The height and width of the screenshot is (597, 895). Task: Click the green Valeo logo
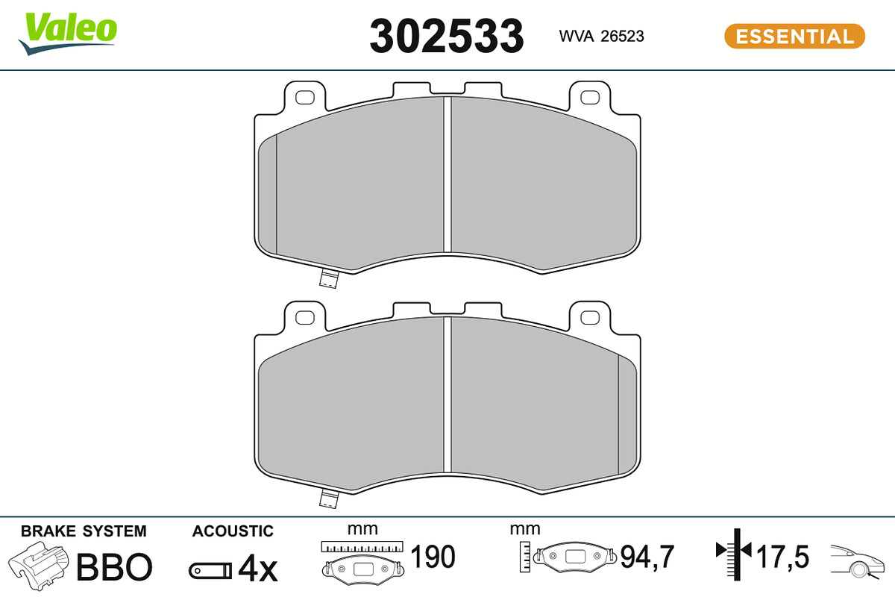point(68,33)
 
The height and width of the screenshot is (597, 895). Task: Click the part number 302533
point(447,37)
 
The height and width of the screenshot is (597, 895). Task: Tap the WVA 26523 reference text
point(601,37)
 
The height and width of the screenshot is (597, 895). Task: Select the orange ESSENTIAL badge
point(795,37)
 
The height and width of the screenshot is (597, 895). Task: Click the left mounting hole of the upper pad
point(305,97)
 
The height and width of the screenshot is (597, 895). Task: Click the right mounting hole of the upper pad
point(590,97)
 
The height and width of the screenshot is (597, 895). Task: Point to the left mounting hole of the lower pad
point(305,317)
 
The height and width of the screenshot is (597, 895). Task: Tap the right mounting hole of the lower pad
point(590,317)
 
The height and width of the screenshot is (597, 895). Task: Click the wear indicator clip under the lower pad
point(329,499)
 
